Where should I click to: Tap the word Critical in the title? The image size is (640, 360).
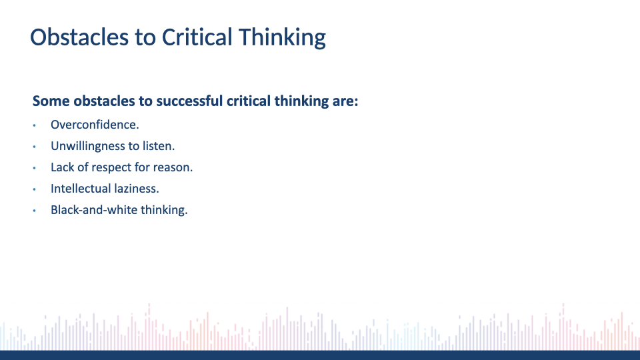click(x=197, y=37)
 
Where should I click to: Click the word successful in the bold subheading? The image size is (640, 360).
click(x=189, y=101)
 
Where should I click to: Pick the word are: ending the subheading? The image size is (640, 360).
click(x=345, y=101)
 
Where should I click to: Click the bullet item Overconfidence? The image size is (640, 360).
click(x=95, y=125)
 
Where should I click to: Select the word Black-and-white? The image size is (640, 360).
click(x=94, y=209)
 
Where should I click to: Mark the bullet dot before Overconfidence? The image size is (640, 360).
click(x=34, y=125)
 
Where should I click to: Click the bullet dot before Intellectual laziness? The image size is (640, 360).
click(x=34, y=189)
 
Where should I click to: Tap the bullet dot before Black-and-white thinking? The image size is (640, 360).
click(x=34, y=210)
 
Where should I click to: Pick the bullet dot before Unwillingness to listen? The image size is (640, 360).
click(x=34, y=147)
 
